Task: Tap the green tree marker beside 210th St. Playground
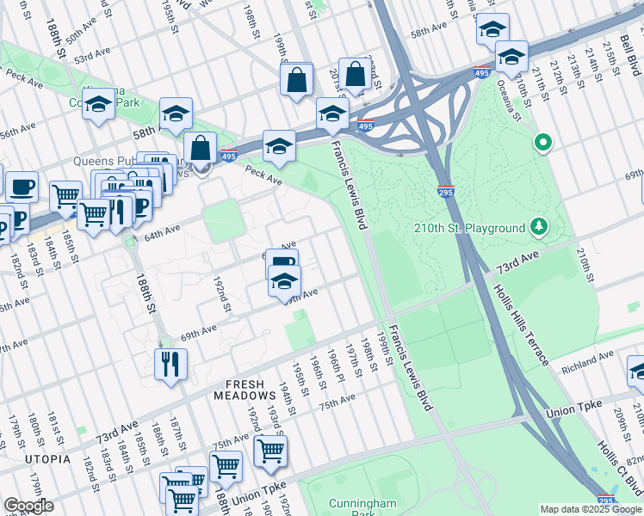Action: point(540,227)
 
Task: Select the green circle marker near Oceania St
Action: point(543,142)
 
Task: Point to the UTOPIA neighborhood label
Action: point(48,459)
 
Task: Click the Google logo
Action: point(28,506)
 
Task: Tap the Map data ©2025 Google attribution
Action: point(590,509)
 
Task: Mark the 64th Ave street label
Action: point(162,230)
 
